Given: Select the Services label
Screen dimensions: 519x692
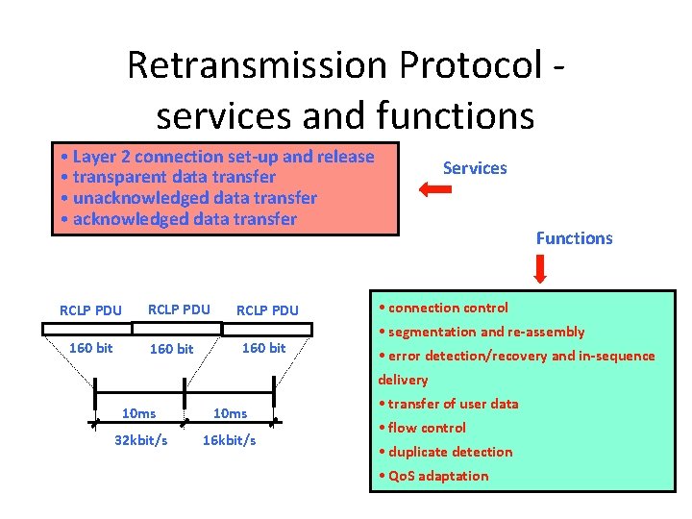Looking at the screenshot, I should (x=474, y=168).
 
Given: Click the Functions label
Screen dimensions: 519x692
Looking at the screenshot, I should (x=574, y=238).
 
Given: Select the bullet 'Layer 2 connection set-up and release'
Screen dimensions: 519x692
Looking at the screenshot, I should (x=215, y=157).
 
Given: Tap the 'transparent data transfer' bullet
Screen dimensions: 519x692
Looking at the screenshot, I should (x=166, y=178).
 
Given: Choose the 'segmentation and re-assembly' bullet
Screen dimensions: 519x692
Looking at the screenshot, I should (x=482, y=332).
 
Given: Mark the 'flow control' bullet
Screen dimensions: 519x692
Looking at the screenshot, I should (x=422, y=428).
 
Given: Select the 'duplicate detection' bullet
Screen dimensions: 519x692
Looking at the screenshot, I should (x=445, y=452).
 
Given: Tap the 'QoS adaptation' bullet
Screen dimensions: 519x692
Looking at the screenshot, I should (x=433, y=476).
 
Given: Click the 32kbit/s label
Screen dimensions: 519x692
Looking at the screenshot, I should (x=140, y=440).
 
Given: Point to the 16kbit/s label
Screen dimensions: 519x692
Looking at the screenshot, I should (x=229, y=440).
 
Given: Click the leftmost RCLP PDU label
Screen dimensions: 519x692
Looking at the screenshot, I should (x=90, y=310).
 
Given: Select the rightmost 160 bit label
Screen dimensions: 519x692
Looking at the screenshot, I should (x=263, y=348).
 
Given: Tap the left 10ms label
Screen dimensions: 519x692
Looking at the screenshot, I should (x=139, y=413).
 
